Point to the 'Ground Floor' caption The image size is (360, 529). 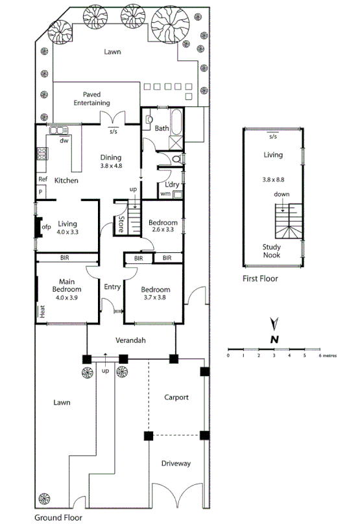coord(58,518)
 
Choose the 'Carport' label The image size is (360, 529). coord(176,397)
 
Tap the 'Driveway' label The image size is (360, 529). coord(176,464)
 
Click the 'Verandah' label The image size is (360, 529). coord(130,340)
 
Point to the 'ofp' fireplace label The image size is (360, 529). coord(46,228)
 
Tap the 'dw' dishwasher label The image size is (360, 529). coord(64,140)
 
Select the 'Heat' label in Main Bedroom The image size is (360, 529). coord(42,312)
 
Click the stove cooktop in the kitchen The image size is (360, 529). coord(43,154)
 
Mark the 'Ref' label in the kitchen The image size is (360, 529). coord(42,180)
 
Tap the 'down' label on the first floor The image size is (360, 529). coord(282,194)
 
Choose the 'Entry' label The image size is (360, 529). coord(113,286)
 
